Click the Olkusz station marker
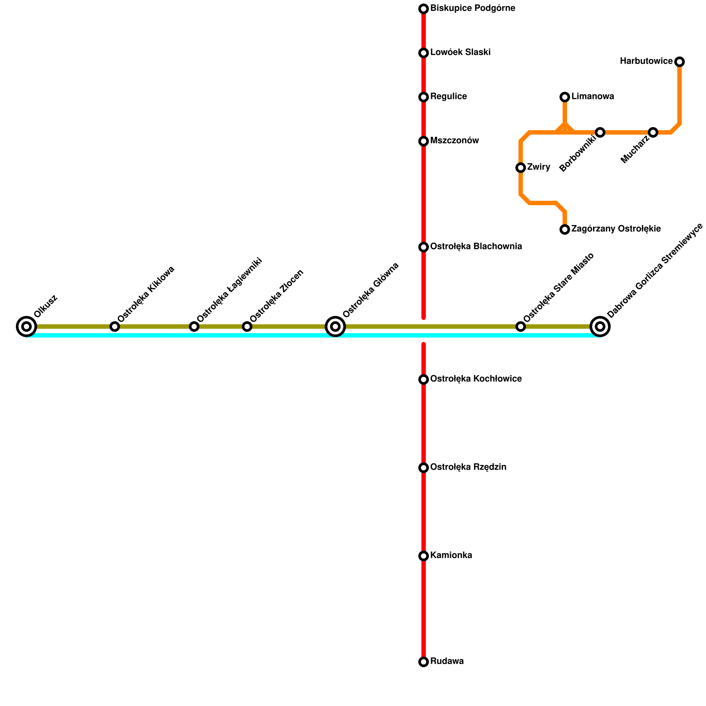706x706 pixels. pyautogui.click(x=26, y=327)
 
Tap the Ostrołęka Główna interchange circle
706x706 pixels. pyautogui.click(x=335, y=327)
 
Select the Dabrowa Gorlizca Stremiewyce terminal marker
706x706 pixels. pyautogui.click(x=600, y=327)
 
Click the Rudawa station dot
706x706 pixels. pyautogui.click(x=424, y=662)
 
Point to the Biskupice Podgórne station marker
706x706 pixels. pyautogui.click(x=424, y=9)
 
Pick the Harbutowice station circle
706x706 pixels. pyautogui.click(x=680, y=62)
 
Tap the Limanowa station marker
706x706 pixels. pyautogui.click(x=565, y=97)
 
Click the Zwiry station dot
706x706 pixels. pyautogui.click(x=521, y=168)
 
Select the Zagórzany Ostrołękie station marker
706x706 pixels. pyautogui.click(x=565, y=229)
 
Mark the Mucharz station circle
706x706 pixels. pyautogui.click(x=653, y=132)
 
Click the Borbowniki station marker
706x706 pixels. pyautogui.click(x=600, y=132)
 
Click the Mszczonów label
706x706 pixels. pyautogui.click(x=454, y=141)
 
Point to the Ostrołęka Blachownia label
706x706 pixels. pyautogui.click(x=476, y=247)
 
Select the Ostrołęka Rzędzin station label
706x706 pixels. pyautogui.click(x=468, y=467)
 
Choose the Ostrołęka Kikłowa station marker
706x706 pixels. pyautogui.click(x=115, y=327)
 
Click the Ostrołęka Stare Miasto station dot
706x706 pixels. pyautogui.click(x=521, y=327)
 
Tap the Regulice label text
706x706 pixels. pyautogui.click(x=448, y=97)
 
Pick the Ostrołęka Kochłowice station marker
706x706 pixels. pyautogui.click(x=424, y=379)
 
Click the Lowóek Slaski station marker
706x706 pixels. pyautogui.click(x=424, y=53)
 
